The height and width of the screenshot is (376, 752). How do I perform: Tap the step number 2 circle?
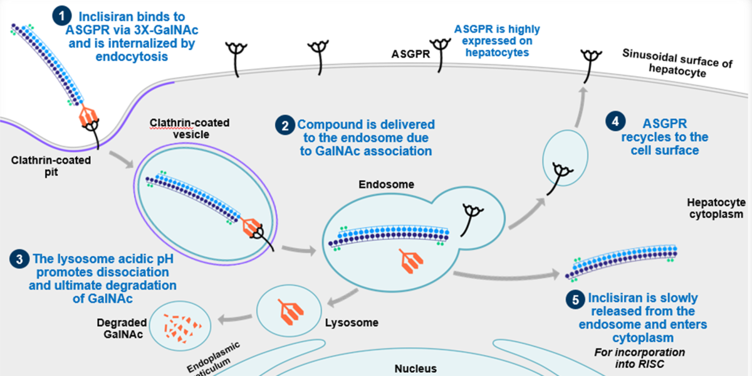point(285,125)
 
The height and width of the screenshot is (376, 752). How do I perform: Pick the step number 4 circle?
point(615,122)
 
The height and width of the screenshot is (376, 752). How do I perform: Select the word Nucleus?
point(415,368)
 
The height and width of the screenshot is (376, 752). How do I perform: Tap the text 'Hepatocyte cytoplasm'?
point(715,208)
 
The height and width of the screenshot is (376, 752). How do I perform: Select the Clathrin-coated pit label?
point(51,166)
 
